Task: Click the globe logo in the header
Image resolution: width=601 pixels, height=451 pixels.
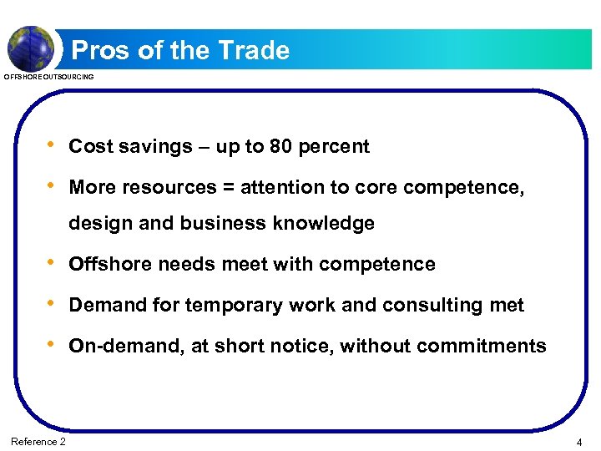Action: click(x=31, y=48)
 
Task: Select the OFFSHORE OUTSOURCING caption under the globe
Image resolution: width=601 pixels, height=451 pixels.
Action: click(x=49, y=77)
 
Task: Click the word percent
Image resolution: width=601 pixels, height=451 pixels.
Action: click(x=334, y=147)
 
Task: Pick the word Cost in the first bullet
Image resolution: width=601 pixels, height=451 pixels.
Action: click(x=88, y=147)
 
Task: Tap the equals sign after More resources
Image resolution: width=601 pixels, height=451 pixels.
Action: click(x=229, y=188)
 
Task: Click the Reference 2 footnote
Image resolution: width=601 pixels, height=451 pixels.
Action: click(x=38, y=441)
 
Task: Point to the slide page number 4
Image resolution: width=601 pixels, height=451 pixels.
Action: click(x=579, y=441)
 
